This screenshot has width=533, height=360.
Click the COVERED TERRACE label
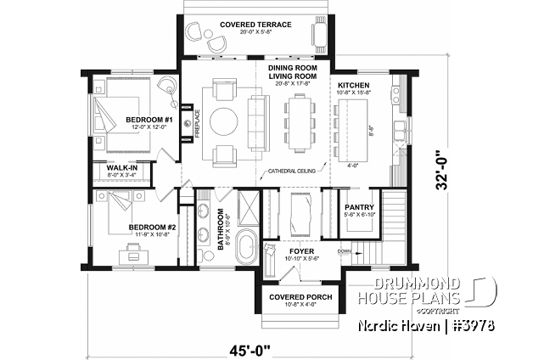(x=252, y=25)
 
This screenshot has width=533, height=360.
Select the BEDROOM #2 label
(x=152, y=227)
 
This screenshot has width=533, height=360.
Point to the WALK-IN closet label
(x=121, y=168)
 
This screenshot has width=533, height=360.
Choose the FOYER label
(x=301, y=251)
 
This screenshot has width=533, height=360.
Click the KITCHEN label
(x=354, y=86)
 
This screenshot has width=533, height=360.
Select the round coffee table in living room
(x=227, y=121)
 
